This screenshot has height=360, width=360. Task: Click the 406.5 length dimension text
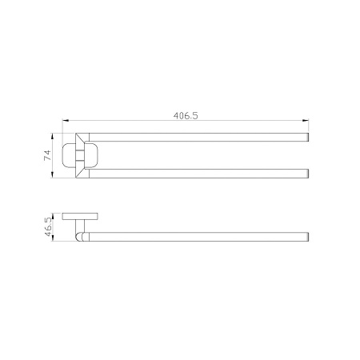[186, 115]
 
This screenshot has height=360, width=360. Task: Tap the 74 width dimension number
[47, 155]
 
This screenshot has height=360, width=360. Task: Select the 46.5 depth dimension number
[48, 226]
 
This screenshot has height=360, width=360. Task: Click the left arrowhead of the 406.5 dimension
[66, 121]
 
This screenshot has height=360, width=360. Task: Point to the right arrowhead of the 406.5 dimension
[306, 121]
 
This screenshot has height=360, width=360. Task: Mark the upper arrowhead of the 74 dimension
[53, 136]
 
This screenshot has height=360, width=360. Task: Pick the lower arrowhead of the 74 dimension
[53, 174]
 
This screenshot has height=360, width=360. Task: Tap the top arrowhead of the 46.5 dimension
[53, 216]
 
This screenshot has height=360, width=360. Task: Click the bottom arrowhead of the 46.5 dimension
[53, 238]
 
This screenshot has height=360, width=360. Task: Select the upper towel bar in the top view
[198, 137]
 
